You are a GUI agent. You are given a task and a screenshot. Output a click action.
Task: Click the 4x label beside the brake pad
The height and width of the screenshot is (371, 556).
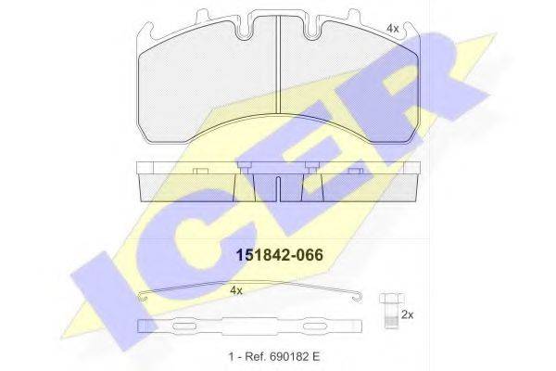tap(393, 29)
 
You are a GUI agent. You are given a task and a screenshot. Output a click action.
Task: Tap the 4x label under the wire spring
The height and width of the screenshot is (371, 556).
tap(236, 290)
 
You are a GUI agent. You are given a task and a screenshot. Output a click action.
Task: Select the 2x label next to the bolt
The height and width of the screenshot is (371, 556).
tap(408, 314)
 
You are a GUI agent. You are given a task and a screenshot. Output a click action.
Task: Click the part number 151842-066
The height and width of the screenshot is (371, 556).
tap(280, 255)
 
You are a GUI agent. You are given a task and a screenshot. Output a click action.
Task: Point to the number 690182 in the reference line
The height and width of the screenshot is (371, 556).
tap(285, 356)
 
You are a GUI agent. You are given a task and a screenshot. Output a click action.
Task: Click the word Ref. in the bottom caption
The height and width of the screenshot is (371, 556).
tap(253, 356)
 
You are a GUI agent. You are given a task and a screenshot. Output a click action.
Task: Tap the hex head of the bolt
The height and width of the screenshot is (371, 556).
tap(391, 299)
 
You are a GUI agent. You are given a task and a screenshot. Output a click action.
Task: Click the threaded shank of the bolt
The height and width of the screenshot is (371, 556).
tap(391, 316)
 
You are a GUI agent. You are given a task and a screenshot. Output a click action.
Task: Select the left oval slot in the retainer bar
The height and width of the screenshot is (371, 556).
tap(184, 326)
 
